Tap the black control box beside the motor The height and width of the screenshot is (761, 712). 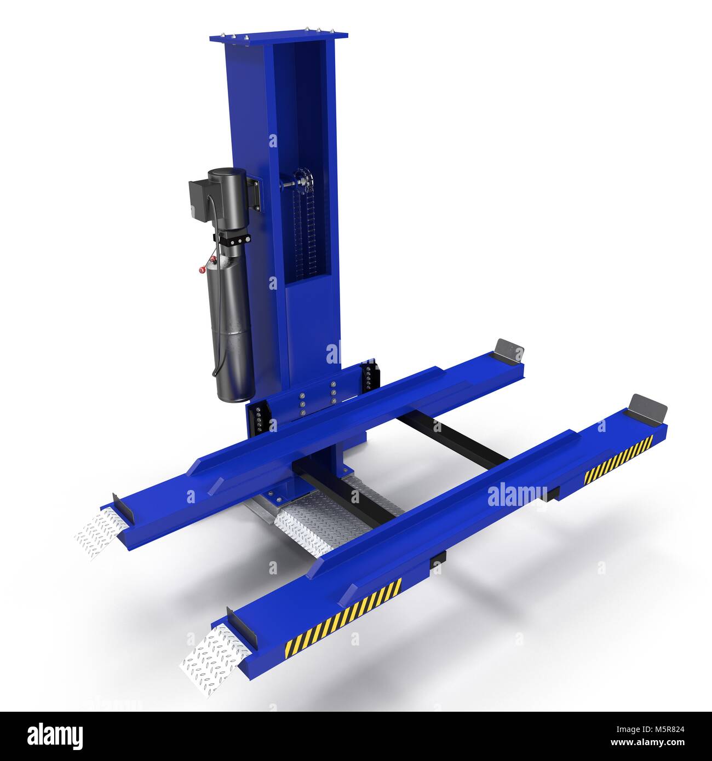[x=196, y=199]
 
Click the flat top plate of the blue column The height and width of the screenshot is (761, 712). [x=278, y=38]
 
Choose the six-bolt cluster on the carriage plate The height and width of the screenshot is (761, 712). [x=317, y=400]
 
